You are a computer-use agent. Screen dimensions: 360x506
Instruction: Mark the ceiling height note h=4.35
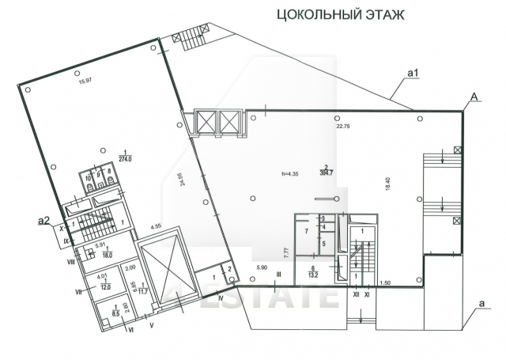coord(289,173)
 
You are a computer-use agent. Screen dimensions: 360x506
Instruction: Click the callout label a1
coord(412,74)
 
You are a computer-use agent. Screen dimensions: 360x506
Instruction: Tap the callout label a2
coord(46,219)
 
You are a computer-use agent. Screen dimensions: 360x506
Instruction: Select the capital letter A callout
coord(473,97)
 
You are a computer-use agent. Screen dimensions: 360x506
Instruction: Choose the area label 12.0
coord(103,286)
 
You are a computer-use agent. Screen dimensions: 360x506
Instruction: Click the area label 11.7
coord(142,292)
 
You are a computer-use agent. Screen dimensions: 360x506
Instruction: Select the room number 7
coord(305,231)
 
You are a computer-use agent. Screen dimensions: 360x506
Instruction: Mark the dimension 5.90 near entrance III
coord(262,269)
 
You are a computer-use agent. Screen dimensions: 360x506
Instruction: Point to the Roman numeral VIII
coord(70,261)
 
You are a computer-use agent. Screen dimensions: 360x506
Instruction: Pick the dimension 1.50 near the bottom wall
coord(384,282)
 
